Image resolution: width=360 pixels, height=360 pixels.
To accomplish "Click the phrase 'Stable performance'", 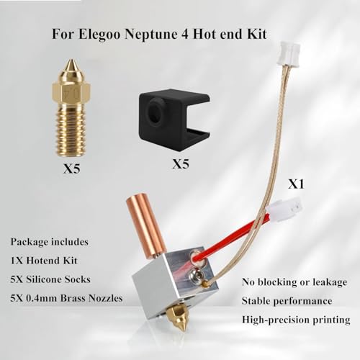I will [x=288, y=300].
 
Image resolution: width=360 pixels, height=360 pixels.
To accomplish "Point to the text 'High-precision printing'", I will [x=296, y=318].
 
